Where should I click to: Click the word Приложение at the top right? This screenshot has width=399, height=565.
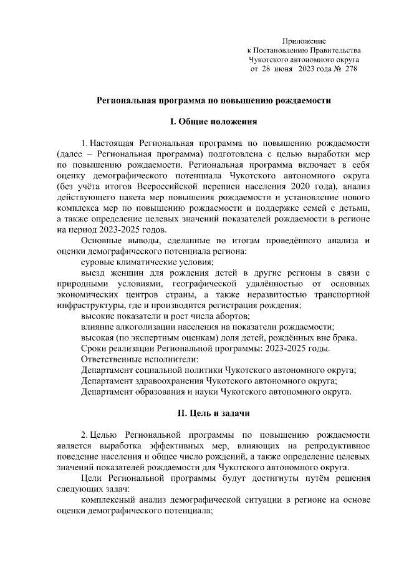pos(304,41)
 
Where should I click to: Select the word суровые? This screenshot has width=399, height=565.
pos(97,263)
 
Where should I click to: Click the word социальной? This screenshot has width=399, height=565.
pos(163,370)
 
